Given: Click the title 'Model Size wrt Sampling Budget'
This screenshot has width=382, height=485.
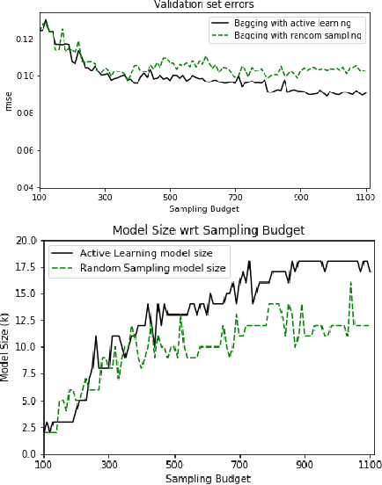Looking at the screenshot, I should click(x=209, y=230).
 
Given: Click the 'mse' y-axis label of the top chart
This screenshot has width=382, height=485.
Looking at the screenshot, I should click(x=9, y=100).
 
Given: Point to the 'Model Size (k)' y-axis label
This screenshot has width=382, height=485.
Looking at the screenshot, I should click(x=6, y=346).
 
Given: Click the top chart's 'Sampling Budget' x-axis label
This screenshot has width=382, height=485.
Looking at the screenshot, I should click(x=204, y=209).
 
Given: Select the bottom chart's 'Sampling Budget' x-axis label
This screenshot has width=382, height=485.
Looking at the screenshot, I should click(x=208, y=479).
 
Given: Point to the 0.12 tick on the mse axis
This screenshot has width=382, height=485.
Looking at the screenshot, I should click(x=24, y=39).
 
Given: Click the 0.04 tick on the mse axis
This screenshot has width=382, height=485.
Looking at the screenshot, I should click(x=24, y=188).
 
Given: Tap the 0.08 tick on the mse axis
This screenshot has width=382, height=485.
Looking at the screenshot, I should click(x=24, y=113).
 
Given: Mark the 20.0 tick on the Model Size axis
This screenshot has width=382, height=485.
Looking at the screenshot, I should click(x=26, y=240).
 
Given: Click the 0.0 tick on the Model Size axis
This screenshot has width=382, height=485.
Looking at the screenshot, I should click(x=29, y=454).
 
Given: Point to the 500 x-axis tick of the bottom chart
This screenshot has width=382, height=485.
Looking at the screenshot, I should click(x=174, y=465).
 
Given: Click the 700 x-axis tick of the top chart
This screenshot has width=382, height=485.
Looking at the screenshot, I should click(x=235, y=197).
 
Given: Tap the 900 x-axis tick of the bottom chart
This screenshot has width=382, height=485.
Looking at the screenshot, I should click(x=305, y=465).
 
